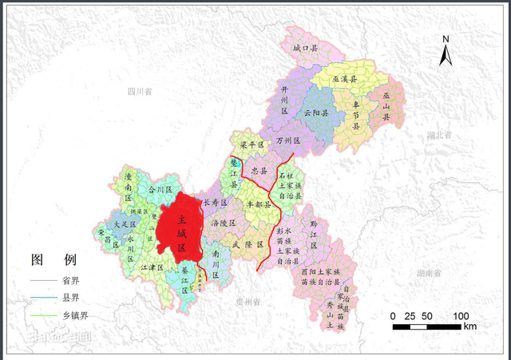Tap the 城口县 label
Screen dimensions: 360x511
(305, 49)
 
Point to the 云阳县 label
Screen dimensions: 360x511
(316, 113)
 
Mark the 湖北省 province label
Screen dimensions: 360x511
(439, 136)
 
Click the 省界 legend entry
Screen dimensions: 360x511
(70, 281)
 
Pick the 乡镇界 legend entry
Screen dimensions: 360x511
(74, 316)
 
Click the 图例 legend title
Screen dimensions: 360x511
(53, 260)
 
